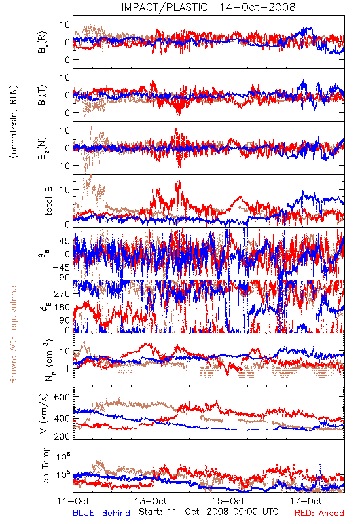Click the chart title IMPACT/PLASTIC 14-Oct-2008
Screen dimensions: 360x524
tap(208, 7)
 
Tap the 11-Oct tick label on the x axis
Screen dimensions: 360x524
tap(73, 502)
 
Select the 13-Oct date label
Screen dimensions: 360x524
tap(151, 502)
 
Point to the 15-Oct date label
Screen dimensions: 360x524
tap(228, 502)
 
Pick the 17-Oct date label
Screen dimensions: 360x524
tap(306, 502)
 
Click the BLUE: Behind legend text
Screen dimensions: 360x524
tap(101, 514)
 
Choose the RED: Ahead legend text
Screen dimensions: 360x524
tap(319, 514)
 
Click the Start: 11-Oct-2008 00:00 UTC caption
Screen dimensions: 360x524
tap(209, 512)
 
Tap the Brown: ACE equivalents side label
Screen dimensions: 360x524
tap(13, 333)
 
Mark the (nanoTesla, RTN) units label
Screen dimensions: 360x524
tap(14, 121)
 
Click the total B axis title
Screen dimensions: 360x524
tap(48, 201)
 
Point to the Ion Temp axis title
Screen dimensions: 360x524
tap(45, 466)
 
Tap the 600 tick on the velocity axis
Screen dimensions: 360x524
tap(62, 397)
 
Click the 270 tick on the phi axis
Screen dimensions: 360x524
tap(62, 294)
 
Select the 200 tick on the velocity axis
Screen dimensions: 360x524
tap(62, 436)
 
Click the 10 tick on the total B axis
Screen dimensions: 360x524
tap(65, 190)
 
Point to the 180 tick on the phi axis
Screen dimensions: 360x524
tap(62, 307)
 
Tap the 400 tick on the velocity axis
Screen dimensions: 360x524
tap(62, 419)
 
